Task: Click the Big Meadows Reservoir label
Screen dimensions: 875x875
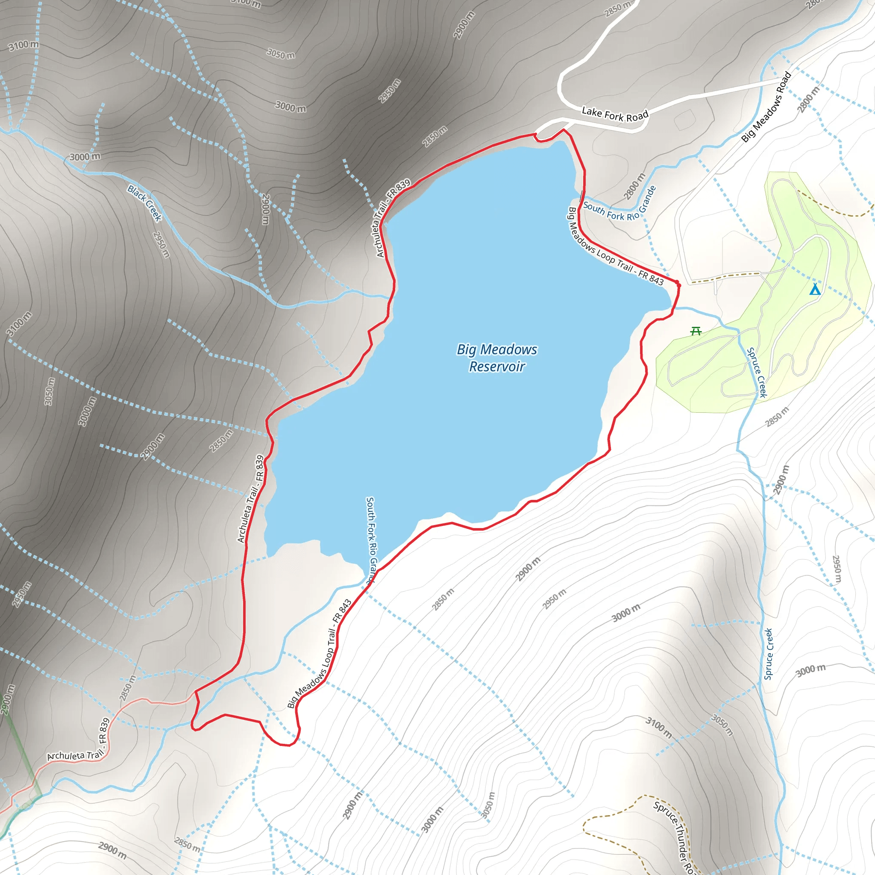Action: tap(497, 358)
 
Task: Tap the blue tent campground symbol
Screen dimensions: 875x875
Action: tap(815, 289)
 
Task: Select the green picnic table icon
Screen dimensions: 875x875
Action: tap(696, 332)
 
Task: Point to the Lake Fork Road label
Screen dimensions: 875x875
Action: tap(615, 114)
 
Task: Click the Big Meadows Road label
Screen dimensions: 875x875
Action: tap(766, 107)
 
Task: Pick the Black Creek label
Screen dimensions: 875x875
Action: tap(144, 203)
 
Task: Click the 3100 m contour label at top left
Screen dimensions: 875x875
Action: tap(23, 45)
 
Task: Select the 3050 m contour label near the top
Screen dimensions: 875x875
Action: tap(281, 54)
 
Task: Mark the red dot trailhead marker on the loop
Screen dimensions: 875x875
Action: tap(678, 284)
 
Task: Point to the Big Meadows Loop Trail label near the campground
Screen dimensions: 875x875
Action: tap(616, 247)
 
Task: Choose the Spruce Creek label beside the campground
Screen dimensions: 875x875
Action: tap(757, 372)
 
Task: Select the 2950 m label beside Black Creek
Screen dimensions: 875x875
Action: tap(161, 244)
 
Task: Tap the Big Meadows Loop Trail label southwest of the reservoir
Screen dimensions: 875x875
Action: tap(320, 654)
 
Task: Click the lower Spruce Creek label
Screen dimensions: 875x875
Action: tap(769, 654)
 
